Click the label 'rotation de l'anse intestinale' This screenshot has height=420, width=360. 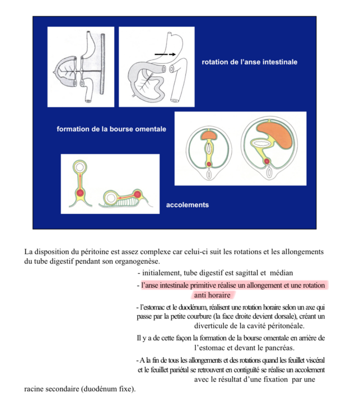[249, 62]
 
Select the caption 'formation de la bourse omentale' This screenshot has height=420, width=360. [111, 129]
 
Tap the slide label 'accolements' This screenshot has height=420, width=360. [187, 205]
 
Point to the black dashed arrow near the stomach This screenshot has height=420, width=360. [164, 54]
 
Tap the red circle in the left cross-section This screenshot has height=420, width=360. [208, 164]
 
